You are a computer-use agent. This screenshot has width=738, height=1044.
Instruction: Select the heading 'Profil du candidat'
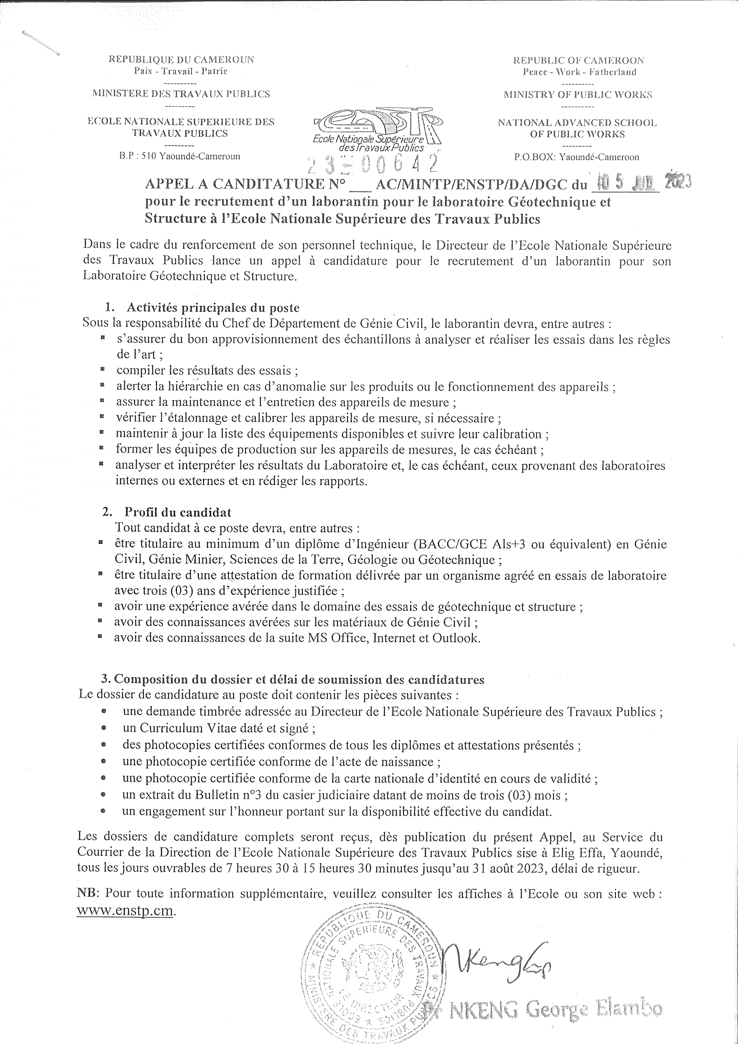point(178,512)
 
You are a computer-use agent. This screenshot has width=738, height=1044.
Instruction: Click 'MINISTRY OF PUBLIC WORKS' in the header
point(578,95)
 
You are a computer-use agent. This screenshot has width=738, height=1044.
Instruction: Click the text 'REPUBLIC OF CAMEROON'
point(578,60)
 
